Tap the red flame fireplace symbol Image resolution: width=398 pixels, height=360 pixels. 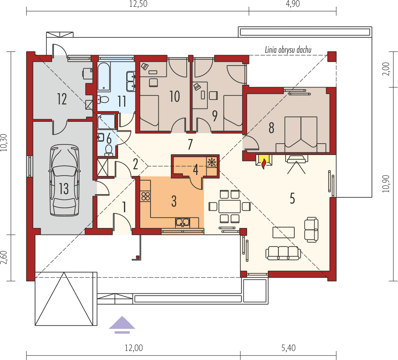coord(264,162)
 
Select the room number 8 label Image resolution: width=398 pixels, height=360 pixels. coord(271,128)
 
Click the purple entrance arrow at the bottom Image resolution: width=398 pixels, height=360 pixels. coord(122,325)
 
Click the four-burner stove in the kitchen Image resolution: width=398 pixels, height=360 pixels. coord(145,196)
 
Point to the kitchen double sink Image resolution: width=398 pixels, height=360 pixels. coord(182,222)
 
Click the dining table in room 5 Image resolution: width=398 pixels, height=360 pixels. coord(229,206)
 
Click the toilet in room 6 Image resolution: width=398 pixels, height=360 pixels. coord(108,150)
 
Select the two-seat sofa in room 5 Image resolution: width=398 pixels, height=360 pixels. coord(312,229)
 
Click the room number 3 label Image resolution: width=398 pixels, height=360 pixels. coord(174,201)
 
